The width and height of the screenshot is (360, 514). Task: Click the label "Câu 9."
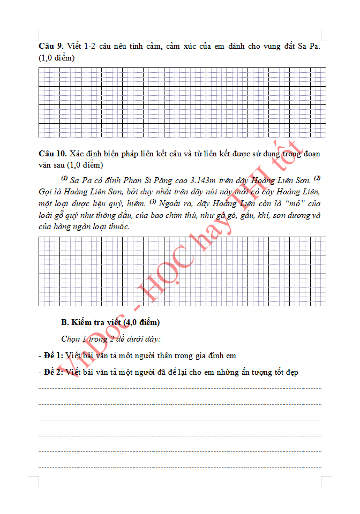click(51, 47)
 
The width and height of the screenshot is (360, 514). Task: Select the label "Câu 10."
click(53, 154)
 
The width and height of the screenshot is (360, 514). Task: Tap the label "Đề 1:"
click(54, 356)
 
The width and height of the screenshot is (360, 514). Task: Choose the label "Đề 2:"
click(54, 372)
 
